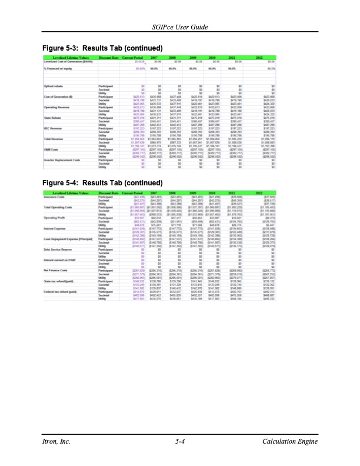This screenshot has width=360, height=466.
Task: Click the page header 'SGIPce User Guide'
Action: (180, 28)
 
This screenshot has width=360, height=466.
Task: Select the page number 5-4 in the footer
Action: (180, 441)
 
